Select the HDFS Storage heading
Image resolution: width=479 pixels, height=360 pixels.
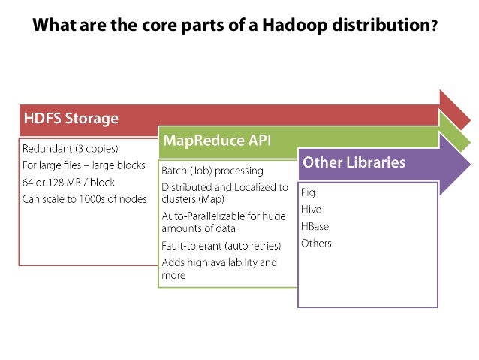(x=71, y=119)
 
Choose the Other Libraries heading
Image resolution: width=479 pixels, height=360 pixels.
(x=354, y=162)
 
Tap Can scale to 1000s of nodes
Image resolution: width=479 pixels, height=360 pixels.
(x=84, y=199)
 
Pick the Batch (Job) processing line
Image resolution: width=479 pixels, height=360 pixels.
(x=212, y=171)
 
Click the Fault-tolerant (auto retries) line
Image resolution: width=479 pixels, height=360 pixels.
(x=221, y=246)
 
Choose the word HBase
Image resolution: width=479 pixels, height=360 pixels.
(x=315, y=226)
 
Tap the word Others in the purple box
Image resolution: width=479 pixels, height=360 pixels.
(x=316, y=244)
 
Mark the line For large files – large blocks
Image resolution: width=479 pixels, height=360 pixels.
(x=83, y=165)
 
